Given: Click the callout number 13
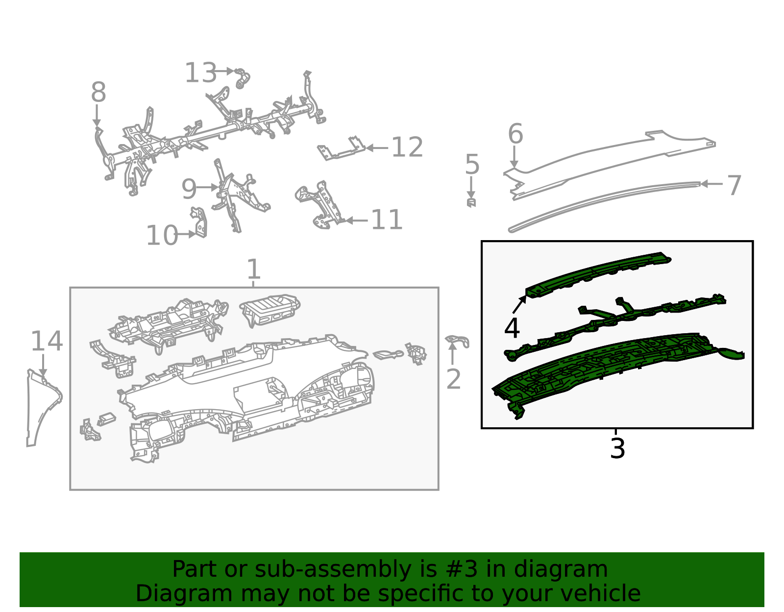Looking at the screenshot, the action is (200, 73).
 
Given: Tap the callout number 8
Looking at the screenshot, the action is (98, 92).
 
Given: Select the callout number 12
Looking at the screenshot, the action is (407, 147).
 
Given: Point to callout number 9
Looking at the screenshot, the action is (189, 189).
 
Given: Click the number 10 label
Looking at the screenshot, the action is (162, 236).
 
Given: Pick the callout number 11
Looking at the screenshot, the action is (387, 220).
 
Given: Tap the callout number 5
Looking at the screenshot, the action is (472, 165).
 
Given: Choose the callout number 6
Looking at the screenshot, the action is (515, 134).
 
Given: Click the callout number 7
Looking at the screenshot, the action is (734, 186).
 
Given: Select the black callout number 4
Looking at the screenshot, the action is (512, 328).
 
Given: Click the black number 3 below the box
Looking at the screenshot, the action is (617, 448).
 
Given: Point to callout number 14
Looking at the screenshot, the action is (47, 342).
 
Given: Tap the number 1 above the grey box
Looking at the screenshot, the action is (254, 269).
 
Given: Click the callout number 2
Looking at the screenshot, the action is (454, 379).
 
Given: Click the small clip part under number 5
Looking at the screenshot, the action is (471, 203).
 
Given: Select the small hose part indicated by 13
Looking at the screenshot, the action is (242, 78).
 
